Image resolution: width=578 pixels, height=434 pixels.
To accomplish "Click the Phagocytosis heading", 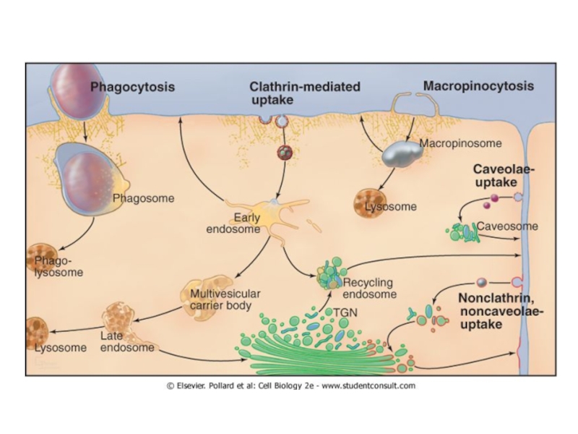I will point(132,87).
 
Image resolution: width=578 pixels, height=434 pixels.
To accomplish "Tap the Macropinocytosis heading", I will point(478,86).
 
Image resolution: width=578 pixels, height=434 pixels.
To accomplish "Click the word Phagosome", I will point(143,197).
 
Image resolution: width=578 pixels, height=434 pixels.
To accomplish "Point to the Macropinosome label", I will point(450,143).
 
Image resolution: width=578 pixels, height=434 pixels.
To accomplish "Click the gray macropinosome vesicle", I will point(402,153).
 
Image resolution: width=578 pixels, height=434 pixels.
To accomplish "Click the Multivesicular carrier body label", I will point(225,299).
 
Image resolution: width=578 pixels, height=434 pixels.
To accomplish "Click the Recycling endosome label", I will point(370,289).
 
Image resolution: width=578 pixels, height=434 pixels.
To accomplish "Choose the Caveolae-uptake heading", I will point(504,176).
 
